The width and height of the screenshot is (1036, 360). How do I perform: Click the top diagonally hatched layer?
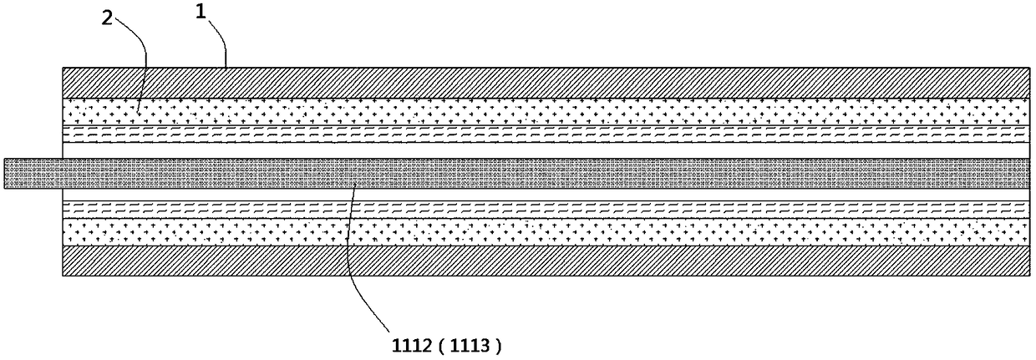click(x=543, y=82)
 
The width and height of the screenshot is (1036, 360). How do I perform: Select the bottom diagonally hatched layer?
click(x=543, y=260)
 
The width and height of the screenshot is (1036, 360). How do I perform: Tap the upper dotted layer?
click(x=543, y=111)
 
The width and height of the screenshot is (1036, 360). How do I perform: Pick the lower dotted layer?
click(x=543, y=231)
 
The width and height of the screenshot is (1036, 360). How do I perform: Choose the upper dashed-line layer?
click(x=543, y=134)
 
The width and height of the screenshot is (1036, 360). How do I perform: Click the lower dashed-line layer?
click(x=543, y=208)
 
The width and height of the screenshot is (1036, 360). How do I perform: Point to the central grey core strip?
click(x=543, y=173)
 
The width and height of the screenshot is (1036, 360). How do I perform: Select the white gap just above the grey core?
click(x=543, y=150)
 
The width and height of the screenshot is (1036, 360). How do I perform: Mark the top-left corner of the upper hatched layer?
click(x=63, y=67)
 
